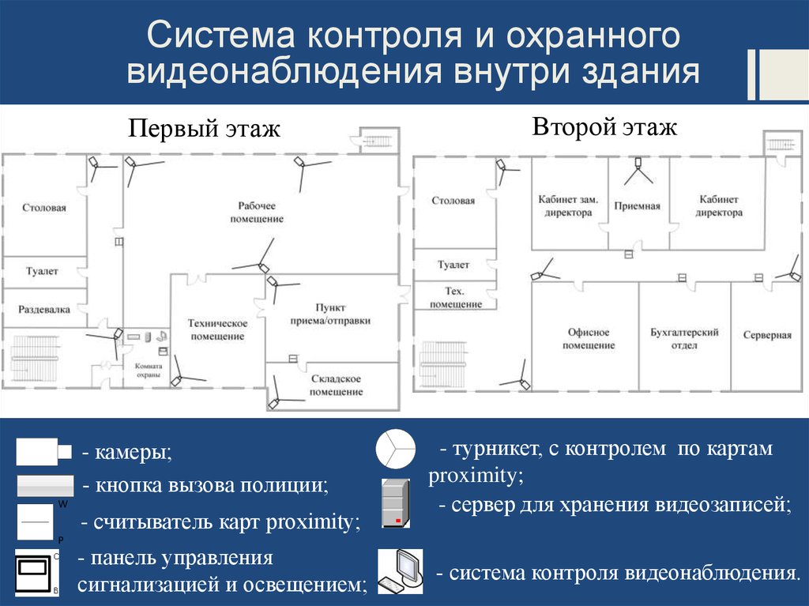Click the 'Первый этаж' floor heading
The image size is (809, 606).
(x=205, y=129)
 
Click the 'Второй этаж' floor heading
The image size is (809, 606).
(x=604, y=127)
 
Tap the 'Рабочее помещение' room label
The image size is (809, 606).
(x=257, y=212)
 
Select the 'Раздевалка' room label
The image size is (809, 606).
(x=44, y=310)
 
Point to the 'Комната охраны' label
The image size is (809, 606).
(x=149, y=371)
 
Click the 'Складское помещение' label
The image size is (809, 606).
(x=335, y=386)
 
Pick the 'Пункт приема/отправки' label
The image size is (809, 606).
(x=331, y=314)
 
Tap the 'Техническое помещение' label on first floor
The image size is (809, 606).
(x=217, y=329)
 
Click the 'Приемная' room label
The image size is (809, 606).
(x=638, y=206)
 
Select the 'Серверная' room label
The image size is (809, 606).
(x=767, y=335)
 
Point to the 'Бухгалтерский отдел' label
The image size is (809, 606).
(x=684, y=339)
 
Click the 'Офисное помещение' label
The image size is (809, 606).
(x=589, y=339)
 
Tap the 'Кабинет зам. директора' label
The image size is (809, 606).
(x=568, y=206)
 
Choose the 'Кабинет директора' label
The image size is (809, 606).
(x=719, y=206)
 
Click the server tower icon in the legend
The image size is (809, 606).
(x=394, y=503)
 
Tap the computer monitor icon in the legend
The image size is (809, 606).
(x=399, y=570)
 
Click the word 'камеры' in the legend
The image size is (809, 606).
(x=132, y=454)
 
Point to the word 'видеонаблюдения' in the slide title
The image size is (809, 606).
(x=284, y=73)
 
